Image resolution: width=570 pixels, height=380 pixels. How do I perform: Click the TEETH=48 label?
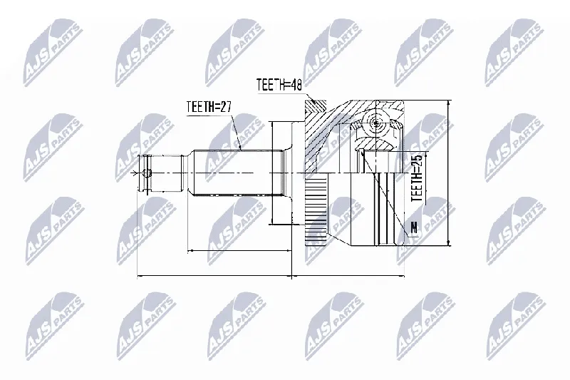click(x=279, y=85)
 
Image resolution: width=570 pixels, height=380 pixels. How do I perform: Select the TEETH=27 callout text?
click(x=209, y=107)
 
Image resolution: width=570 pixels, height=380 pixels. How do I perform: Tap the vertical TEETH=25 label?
click(x=417, y=178)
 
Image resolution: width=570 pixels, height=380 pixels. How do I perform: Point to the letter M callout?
click(x=414, y=227)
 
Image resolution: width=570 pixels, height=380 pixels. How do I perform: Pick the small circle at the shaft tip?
click(x=147, y=173)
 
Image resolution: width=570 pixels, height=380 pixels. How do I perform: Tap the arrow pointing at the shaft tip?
click(x=138, y=173)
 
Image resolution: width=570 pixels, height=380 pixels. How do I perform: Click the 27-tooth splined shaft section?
click(x=238, y=173)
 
